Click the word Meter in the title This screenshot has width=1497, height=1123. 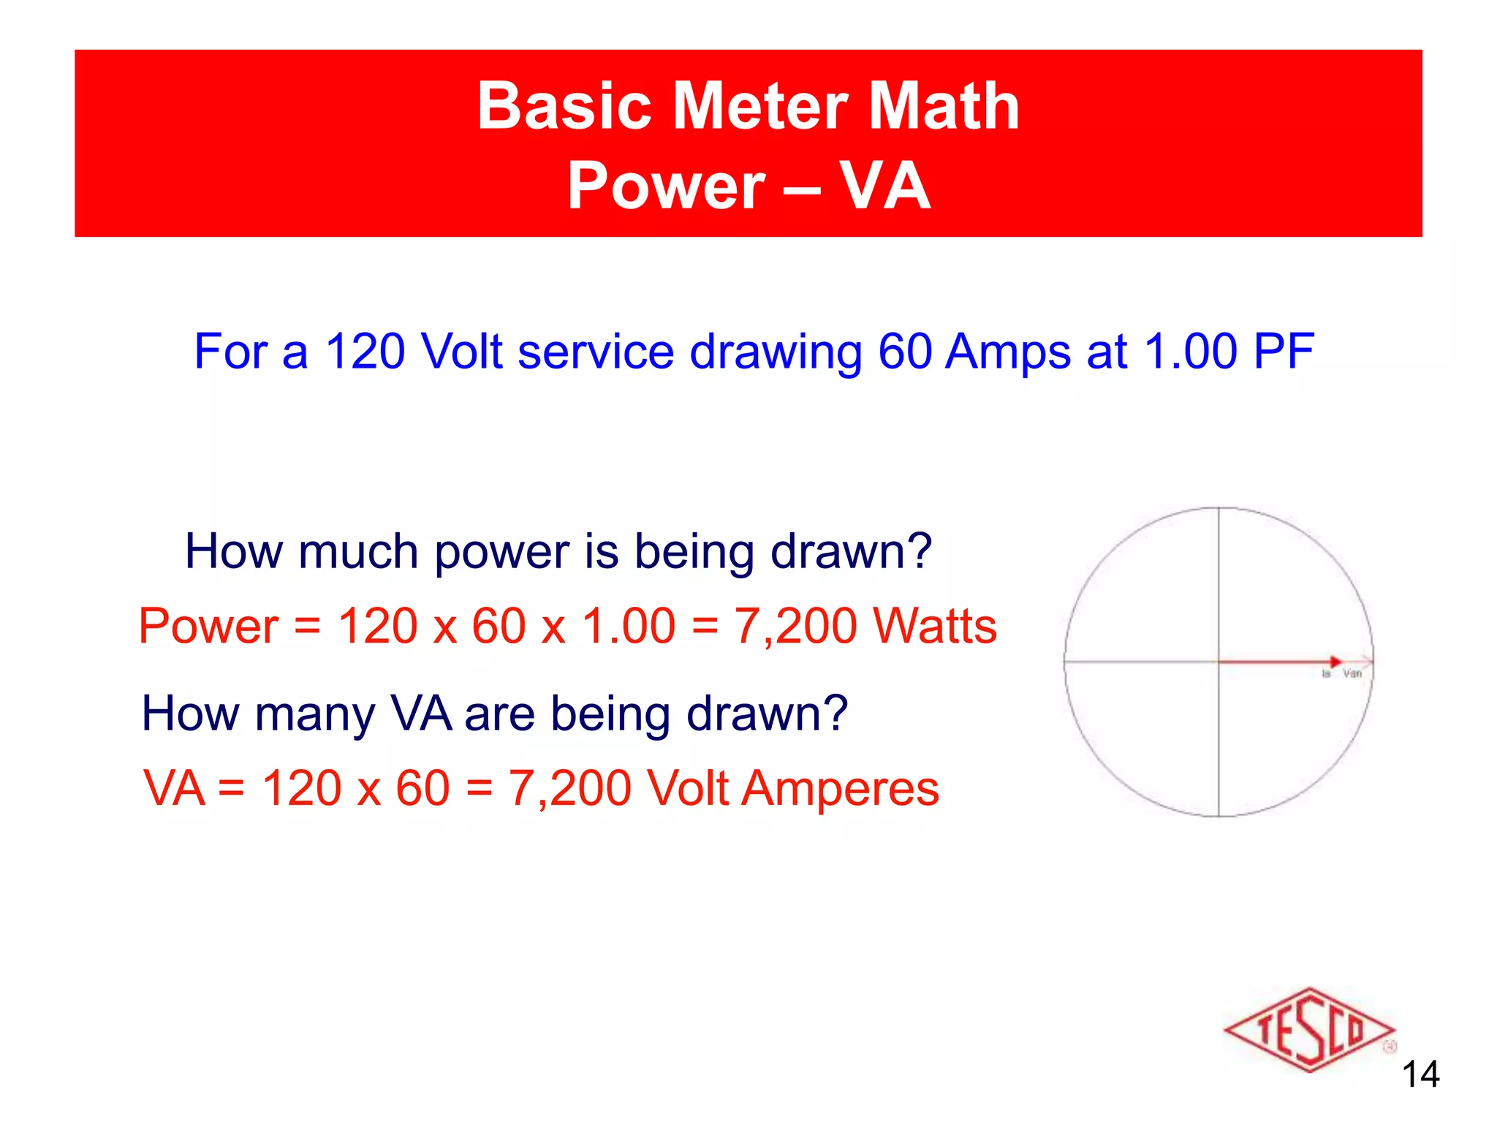point(760,106)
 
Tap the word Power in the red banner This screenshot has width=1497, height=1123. point(666,186)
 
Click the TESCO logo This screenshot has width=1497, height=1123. point(1308,1030)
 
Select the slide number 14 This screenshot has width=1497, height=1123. point(1420,1074)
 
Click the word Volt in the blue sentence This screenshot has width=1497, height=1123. point(462,352)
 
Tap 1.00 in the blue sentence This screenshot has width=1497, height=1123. point(1191,352)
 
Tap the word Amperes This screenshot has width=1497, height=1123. point(840,788)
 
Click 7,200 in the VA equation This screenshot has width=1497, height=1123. point(569,788)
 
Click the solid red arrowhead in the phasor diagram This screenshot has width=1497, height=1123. point(1335,662)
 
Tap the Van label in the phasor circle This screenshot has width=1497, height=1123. point(1352,673)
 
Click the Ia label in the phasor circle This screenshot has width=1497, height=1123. point(1326,673)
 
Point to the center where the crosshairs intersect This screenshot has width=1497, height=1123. point(1219,662)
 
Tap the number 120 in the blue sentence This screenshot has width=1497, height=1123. point(364,352)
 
